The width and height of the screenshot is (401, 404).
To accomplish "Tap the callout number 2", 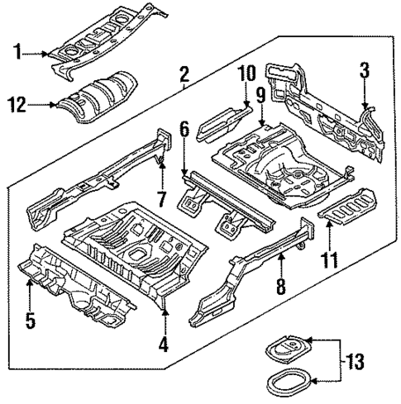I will (x=184, y=78).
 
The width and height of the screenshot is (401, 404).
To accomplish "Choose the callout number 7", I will (x=162, y=200).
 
